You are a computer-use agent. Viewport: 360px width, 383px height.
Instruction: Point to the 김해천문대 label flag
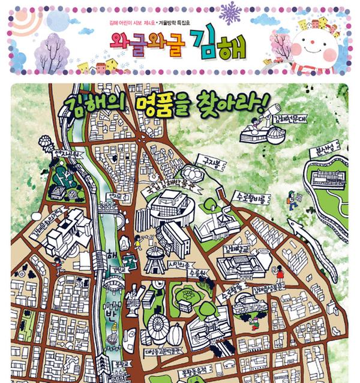[290, 119]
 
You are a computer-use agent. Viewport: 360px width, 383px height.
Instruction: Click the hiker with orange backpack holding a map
[292, 200]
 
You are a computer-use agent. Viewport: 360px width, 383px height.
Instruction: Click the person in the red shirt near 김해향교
[280, 273]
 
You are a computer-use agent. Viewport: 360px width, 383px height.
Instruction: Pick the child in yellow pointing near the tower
[138, 242]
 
